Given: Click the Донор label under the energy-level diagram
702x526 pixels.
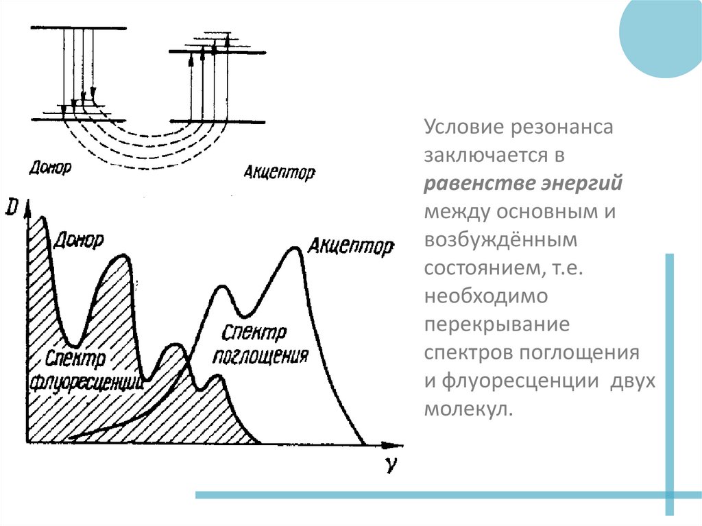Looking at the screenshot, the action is point(51,166).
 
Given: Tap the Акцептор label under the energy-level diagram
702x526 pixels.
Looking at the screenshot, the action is point(279,171).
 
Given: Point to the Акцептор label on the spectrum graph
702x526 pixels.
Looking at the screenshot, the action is point(351,245).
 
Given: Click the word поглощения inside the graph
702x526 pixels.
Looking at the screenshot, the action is point(259,356).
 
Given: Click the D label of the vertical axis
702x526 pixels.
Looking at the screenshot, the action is point(11,206).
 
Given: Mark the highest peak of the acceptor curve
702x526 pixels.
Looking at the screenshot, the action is point(295,248).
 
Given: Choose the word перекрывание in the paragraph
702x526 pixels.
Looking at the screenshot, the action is point(497,325).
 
